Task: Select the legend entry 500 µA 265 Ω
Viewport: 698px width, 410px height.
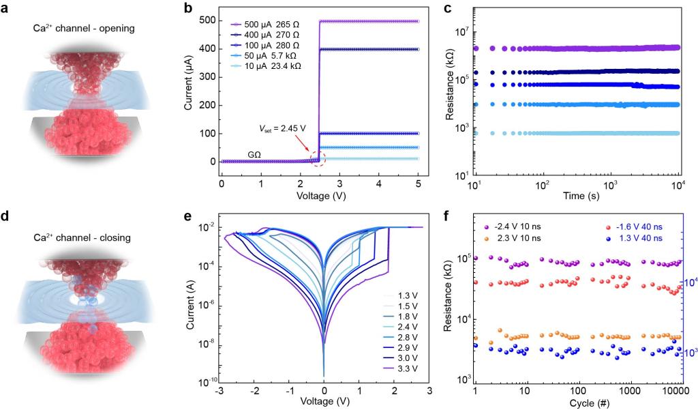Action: click(x=266, y=22)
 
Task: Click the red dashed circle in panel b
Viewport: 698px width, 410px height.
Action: click(x=318, y=159)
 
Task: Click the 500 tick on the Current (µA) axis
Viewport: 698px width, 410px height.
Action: click(x=207, y=22)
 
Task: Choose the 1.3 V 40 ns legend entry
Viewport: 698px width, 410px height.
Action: click(x=625, y=238)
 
